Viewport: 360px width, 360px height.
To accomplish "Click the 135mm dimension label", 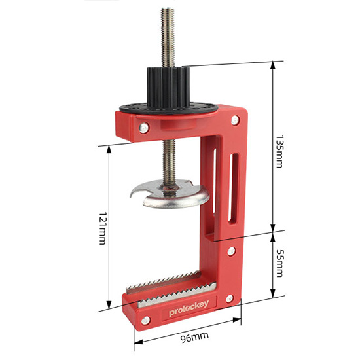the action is coord(279,152).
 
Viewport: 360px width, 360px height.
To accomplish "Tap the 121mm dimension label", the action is coord(102,228).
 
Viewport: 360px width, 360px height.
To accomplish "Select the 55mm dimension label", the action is coord(279,262).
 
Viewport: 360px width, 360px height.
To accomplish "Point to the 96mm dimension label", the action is coord(194,337).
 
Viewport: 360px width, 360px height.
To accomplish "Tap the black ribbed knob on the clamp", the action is coord(168,87).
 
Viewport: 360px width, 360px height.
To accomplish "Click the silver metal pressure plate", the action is coord(170,194).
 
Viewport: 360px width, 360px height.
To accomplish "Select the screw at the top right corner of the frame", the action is coord(235,120).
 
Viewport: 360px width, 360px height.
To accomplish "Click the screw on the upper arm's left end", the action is coord(144,128).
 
